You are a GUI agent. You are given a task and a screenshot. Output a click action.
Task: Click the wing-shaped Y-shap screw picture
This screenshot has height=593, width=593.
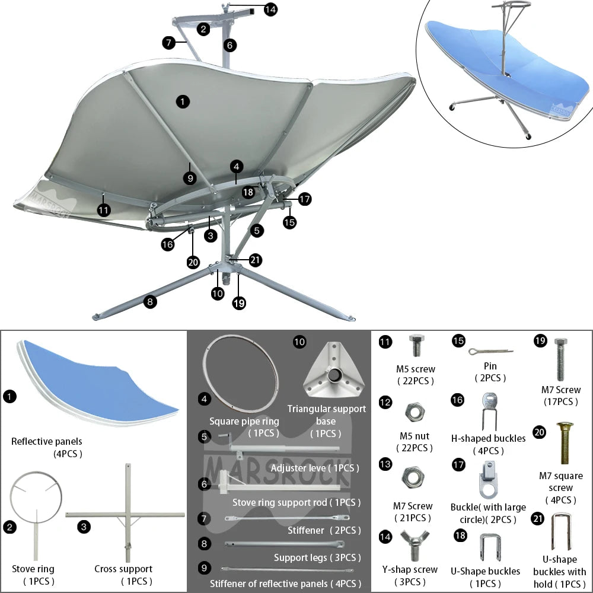click(415, 543)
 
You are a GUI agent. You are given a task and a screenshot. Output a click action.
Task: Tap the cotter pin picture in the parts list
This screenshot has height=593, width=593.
click(490, 352)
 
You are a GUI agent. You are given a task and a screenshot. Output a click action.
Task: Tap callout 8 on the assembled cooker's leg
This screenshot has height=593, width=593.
click(151, 302)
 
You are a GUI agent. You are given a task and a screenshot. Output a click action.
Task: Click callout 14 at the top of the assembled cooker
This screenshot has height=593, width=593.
click(270, 9)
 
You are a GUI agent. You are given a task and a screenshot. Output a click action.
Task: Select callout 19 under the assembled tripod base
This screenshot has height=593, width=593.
click(239, 303)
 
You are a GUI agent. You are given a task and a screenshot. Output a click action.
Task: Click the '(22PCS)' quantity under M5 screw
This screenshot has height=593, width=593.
click(415, 381)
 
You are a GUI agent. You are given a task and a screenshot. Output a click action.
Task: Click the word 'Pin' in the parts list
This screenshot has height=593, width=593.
click(490, 366)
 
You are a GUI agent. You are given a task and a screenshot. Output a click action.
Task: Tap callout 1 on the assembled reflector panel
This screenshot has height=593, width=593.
click(183, 101)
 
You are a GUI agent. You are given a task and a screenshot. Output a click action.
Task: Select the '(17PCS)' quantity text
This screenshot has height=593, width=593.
click(561, 401)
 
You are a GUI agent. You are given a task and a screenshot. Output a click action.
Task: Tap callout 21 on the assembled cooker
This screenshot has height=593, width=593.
click(256, 260)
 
